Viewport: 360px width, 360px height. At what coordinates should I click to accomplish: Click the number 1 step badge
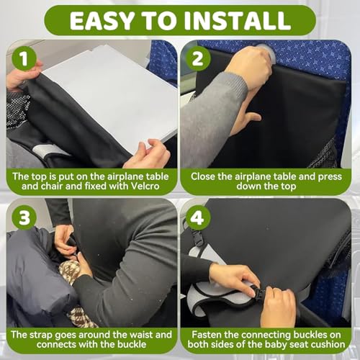(x=24, y=58)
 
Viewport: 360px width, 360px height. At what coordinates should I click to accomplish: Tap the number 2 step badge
(x=198, y=58)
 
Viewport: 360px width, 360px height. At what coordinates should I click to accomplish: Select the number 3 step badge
(x=24, y=218)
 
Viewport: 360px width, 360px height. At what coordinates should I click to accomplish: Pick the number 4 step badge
(x=198, y=218)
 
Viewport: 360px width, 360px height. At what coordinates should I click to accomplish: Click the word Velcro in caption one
(x=143, y=186)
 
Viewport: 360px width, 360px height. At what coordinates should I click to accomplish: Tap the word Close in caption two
(x=202, y=176)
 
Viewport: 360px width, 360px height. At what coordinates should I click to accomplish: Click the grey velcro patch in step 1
(x=49, y=150)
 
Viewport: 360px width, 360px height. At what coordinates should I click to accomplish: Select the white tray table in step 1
(x=109, y=96)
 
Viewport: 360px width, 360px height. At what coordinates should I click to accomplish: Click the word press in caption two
(x=330, y=177)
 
